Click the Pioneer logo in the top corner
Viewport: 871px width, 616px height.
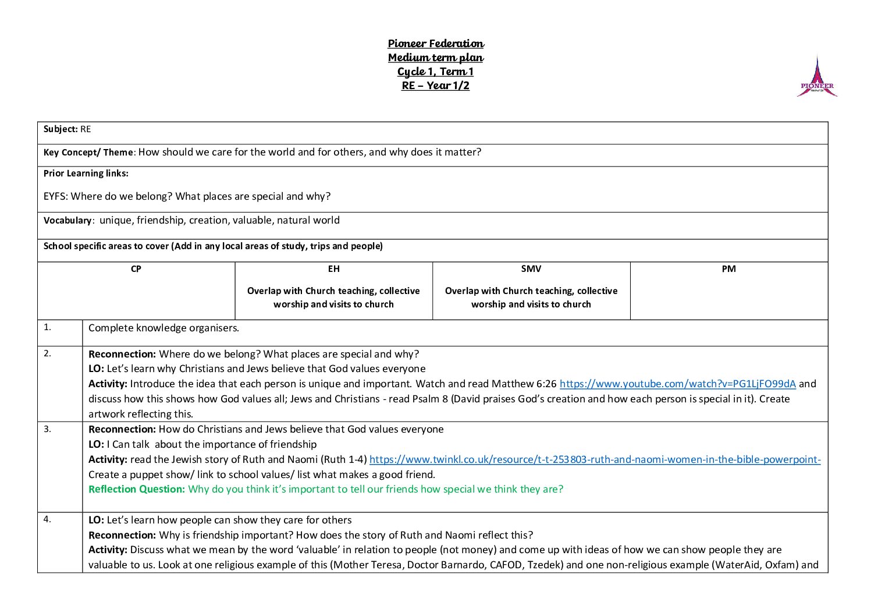817,77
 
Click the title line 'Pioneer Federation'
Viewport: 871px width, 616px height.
436,44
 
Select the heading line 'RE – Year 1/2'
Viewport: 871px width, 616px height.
436,86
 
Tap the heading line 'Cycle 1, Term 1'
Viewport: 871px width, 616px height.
436,72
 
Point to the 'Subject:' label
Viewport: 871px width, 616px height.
61,129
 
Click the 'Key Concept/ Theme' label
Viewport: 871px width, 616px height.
88,153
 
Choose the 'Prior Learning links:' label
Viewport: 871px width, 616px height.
86,174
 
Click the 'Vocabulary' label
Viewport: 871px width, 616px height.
67,221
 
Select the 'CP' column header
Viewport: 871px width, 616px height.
136,269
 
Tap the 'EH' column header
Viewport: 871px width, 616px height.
333,269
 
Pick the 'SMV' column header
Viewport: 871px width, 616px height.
531,269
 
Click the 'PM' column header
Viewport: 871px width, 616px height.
728,269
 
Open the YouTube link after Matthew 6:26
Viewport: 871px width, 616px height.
677,384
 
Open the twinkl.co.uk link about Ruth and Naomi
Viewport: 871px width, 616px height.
595,460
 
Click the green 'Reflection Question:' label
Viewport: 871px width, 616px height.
137,490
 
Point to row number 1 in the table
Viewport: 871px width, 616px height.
47,327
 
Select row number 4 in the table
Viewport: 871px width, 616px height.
47,520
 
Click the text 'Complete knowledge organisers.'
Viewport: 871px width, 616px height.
163,328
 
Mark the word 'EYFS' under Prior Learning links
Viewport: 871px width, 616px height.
56,197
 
